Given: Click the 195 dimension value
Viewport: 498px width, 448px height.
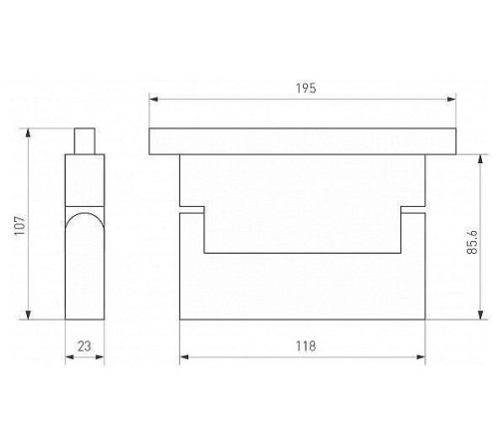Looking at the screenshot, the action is click(x=306, y=89).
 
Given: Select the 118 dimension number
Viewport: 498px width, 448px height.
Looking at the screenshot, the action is click(x=306, y=346).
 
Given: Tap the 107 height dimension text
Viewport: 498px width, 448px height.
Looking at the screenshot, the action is click(x=20, y=225).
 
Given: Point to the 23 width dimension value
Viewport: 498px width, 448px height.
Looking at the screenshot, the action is click(x=85, y=346).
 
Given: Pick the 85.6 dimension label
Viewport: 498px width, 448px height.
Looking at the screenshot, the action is click(x=472, y=242).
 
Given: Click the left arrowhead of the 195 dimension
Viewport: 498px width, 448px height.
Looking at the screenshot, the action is click(x=153, y=99).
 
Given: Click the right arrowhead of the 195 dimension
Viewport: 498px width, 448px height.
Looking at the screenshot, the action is click(x=451, y=99).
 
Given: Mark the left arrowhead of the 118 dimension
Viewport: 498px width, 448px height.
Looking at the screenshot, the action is click(x=184, y=357).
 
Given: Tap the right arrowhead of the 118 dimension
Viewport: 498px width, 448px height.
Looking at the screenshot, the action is click(x=420, y=357).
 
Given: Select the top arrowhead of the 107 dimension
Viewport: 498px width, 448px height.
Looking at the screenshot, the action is click(x=28, y=132).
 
